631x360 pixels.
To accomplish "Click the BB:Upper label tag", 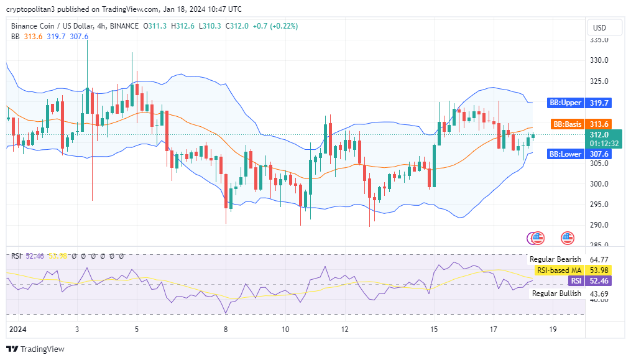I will tap(564, 103).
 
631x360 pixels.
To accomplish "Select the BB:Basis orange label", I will tap(565, 124).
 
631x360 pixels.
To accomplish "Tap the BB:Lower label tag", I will tap(564, 154).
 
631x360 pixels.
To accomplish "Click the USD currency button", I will tap(600, 27).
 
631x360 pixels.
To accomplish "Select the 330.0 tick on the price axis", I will tap(599, 60).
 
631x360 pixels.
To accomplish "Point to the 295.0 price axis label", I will tap(599, 204).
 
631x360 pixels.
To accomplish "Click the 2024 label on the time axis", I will tap(17, 328).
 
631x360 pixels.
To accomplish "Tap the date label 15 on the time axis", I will tap(433, 328).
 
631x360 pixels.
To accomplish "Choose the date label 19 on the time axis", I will tap(553, 328).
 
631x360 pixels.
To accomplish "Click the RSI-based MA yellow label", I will tap(559, 270).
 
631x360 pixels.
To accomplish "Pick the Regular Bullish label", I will tap(556, 293).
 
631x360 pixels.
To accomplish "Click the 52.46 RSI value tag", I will tap(599, 281).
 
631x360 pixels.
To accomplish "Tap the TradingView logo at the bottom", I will tap(35, 349).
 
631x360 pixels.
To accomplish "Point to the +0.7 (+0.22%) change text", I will tap(275, 26).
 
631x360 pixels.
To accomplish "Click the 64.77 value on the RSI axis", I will tap(599, 259).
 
